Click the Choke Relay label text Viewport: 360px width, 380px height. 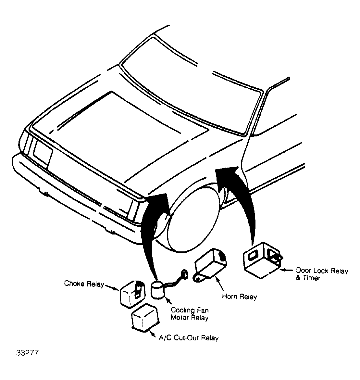tap(84, 284)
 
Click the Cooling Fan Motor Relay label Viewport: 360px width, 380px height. tap(190, 314)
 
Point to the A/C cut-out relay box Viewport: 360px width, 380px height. tap(144, 317)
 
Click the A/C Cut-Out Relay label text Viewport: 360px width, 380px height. tap(189, 338)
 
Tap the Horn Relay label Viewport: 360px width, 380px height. tap(239, 296)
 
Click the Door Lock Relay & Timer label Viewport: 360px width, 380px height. tap(321, 274)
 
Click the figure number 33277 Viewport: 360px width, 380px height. tap(27, 352)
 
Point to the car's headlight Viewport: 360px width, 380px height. tap(42, 151)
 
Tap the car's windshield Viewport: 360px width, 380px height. tap(192, 78)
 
